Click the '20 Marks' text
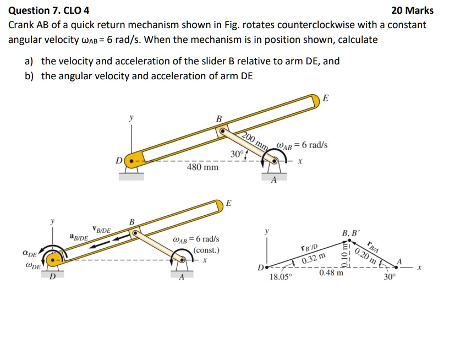[x=412, y=10]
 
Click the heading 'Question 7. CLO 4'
[x=49, y=10]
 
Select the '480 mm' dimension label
[x=203, y=166]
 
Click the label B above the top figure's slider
[x=218, y=119]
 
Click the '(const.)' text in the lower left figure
[x=207, y=250]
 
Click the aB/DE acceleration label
[x=79, y=237]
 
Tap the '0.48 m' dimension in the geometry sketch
[x=330, y=272]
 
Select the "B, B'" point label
[x=351, y=233]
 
